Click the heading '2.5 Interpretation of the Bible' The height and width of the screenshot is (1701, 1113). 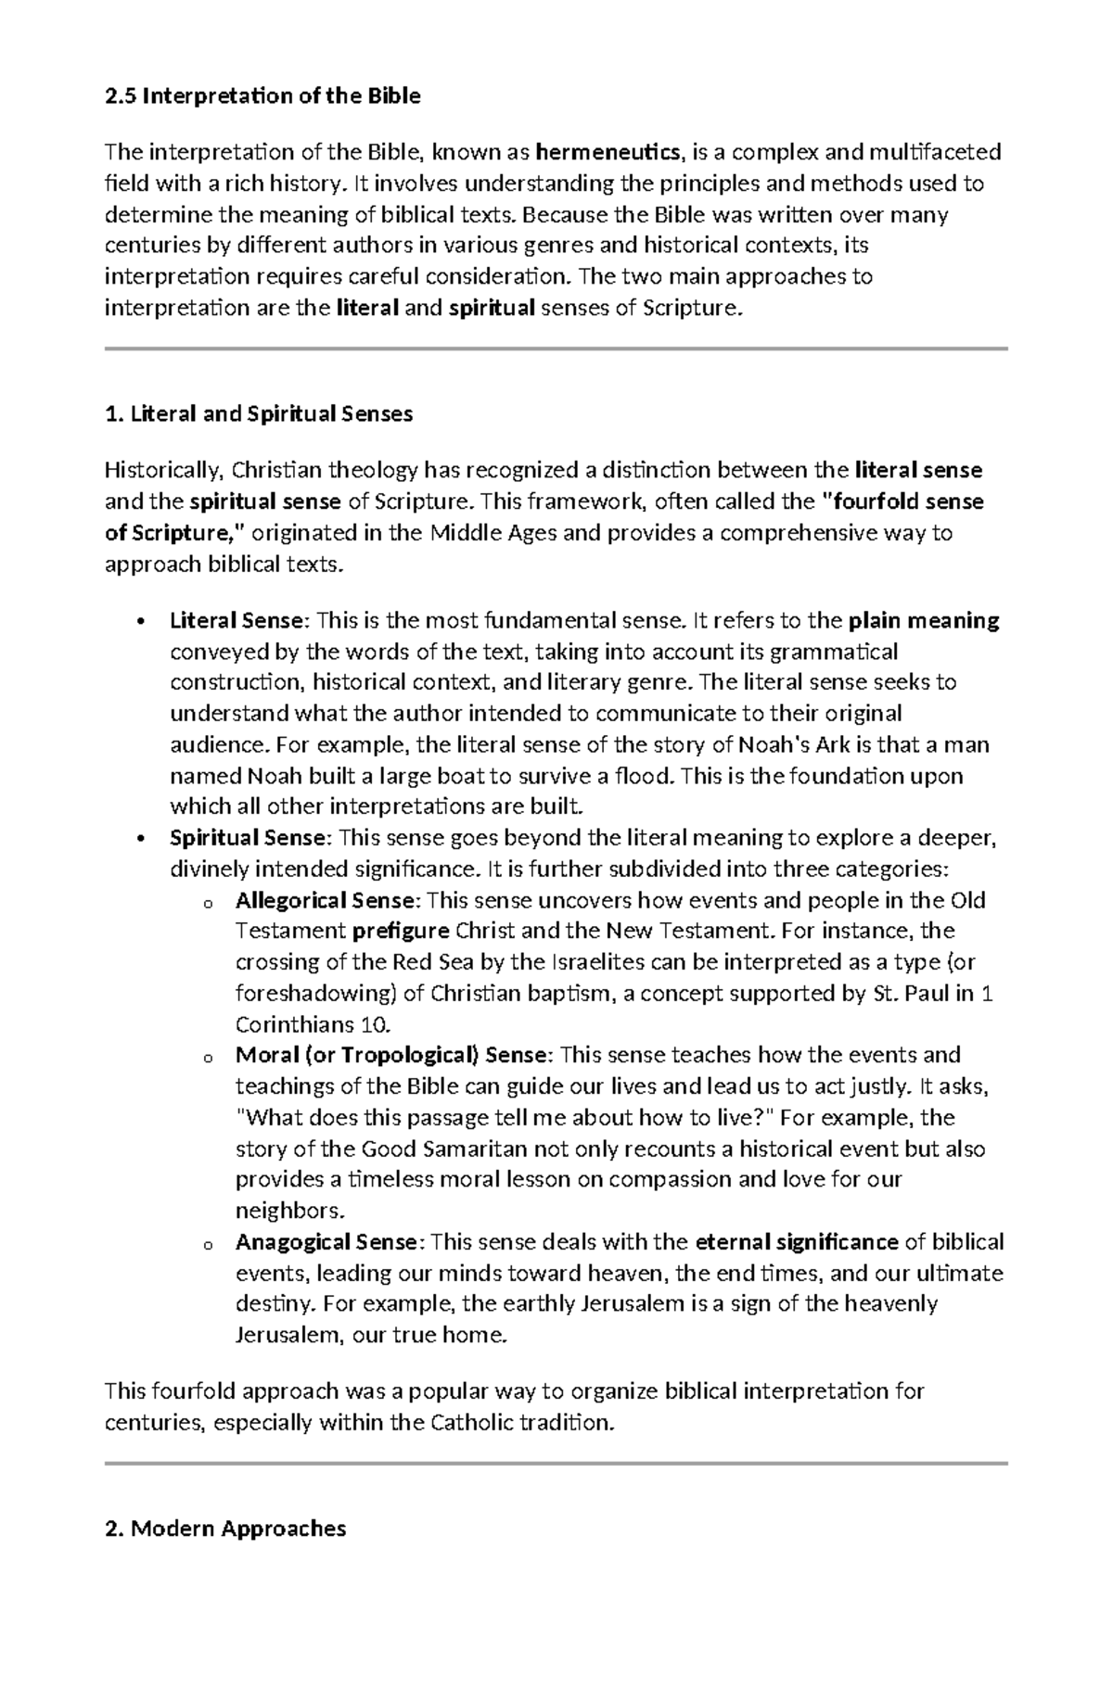pos(262,96)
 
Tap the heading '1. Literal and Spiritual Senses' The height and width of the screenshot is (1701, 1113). pos(260,414)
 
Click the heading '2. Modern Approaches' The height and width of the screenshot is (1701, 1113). pos(225,1529)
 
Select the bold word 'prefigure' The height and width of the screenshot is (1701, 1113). pos(401,932)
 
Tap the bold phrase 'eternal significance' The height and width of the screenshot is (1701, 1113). pos(797,1242)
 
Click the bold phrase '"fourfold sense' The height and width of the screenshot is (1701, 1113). pos(903,502)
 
